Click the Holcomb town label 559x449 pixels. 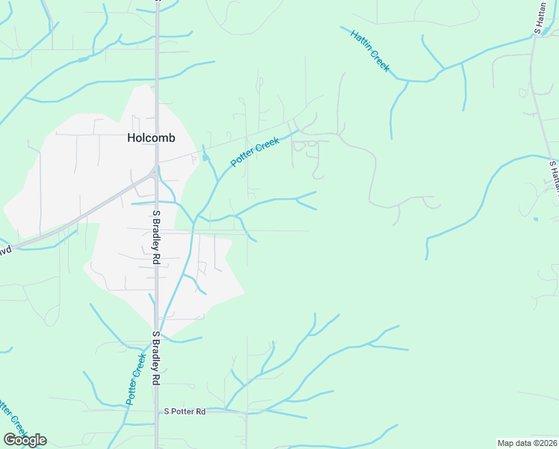(151, 138)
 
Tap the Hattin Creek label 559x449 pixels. (369, 52)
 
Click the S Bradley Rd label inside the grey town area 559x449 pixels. (157, 237)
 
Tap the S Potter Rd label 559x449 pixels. (185, 412)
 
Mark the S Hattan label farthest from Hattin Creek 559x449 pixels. (554, 176)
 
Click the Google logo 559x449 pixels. (25, 440)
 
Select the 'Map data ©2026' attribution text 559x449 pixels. (527, 443)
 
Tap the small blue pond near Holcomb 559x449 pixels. (205, 157)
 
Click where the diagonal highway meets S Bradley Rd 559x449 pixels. (155, 171)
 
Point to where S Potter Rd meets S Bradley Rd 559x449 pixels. (158, 410)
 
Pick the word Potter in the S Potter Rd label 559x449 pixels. (180, 412)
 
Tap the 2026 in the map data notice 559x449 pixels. (546, 443)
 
